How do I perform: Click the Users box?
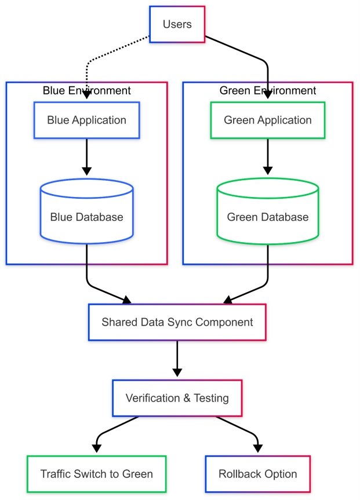pyautogui.click(x=177, y=24)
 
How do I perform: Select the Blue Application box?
pyautogui.click(x=86, y=121)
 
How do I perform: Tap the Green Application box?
pyautogui.click(x=267, y=121)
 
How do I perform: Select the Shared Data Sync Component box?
pyautogui.click(x=177, y=322)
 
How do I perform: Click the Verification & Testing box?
pyautogui.click(x=177, y=398)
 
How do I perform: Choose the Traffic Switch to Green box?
pyautogui.click(x=96, y=474)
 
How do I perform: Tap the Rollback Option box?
pyautogui.click(x=257, y=474)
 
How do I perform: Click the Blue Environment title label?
pyautogui.click(x=86, y=90)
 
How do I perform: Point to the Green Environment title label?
pyautogui.click(x=267, y=90)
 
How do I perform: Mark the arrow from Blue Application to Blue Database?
pyautogui.click(x=86, y=156)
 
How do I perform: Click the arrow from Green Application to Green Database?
pyautogui.click(x=267, y=156)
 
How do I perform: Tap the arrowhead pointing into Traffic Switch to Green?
pyautogui.click(x=96, y=448)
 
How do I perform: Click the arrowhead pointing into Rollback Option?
pyautogui.click(x=257, y=448)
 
